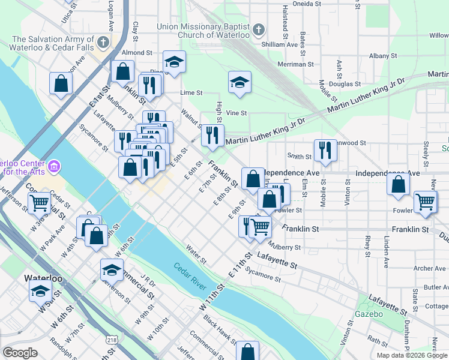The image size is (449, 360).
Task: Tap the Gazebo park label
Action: point(369,314)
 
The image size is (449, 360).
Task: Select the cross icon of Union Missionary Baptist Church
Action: point(258,29)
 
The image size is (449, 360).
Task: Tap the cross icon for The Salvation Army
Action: point(103,43)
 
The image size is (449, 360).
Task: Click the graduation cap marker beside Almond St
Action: point(174,62)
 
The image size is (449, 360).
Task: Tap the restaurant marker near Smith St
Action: point(325,151)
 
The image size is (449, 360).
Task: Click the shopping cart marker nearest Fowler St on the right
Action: point(426,202)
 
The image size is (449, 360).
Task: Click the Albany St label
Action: point(379,56)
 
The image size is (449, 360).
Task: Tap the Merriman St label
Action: point(295,64)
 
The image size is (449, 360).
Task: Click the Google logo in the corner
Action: point(20,353)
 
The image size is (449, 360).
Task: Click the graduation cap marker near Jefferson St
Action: point(112,270)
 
